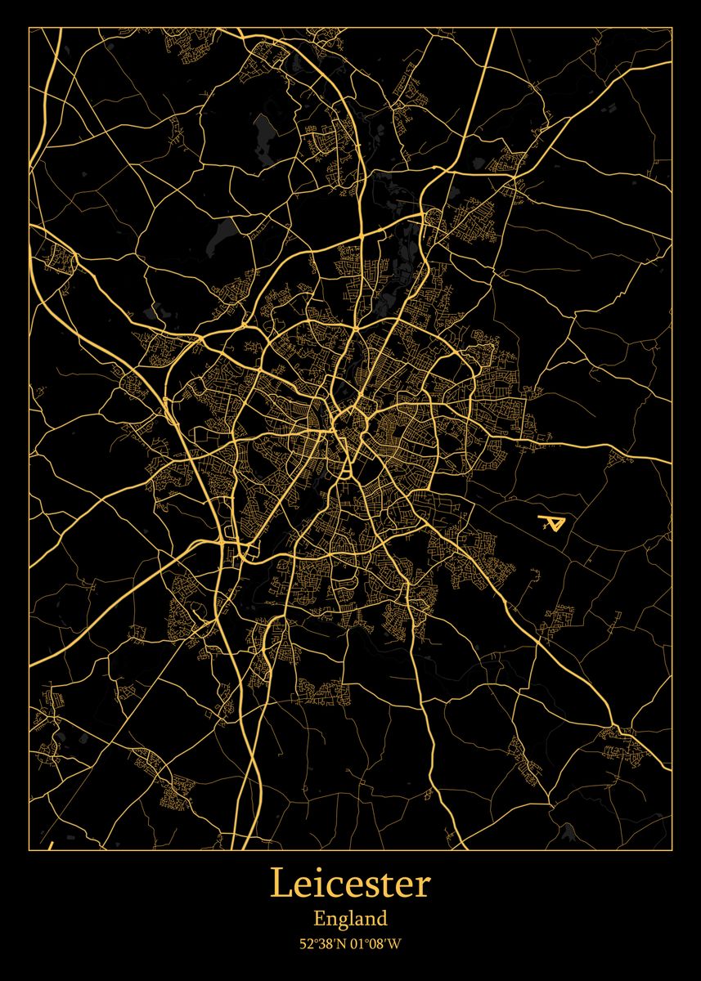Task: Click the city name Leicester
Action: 350,884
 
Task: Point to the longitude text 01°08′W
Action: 377,944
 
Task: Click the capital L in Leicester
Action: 281,884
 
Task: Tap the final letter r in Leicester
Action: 423,886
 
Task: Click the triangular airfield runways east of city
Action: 552,523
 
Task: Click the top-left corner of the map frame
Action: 29,28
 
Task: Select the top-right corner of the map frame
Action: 672,28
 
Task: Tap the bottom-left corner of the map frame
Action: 29,850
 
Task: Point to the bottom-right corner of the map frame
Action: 672,850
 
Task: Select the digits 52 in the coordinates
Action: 305,944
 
